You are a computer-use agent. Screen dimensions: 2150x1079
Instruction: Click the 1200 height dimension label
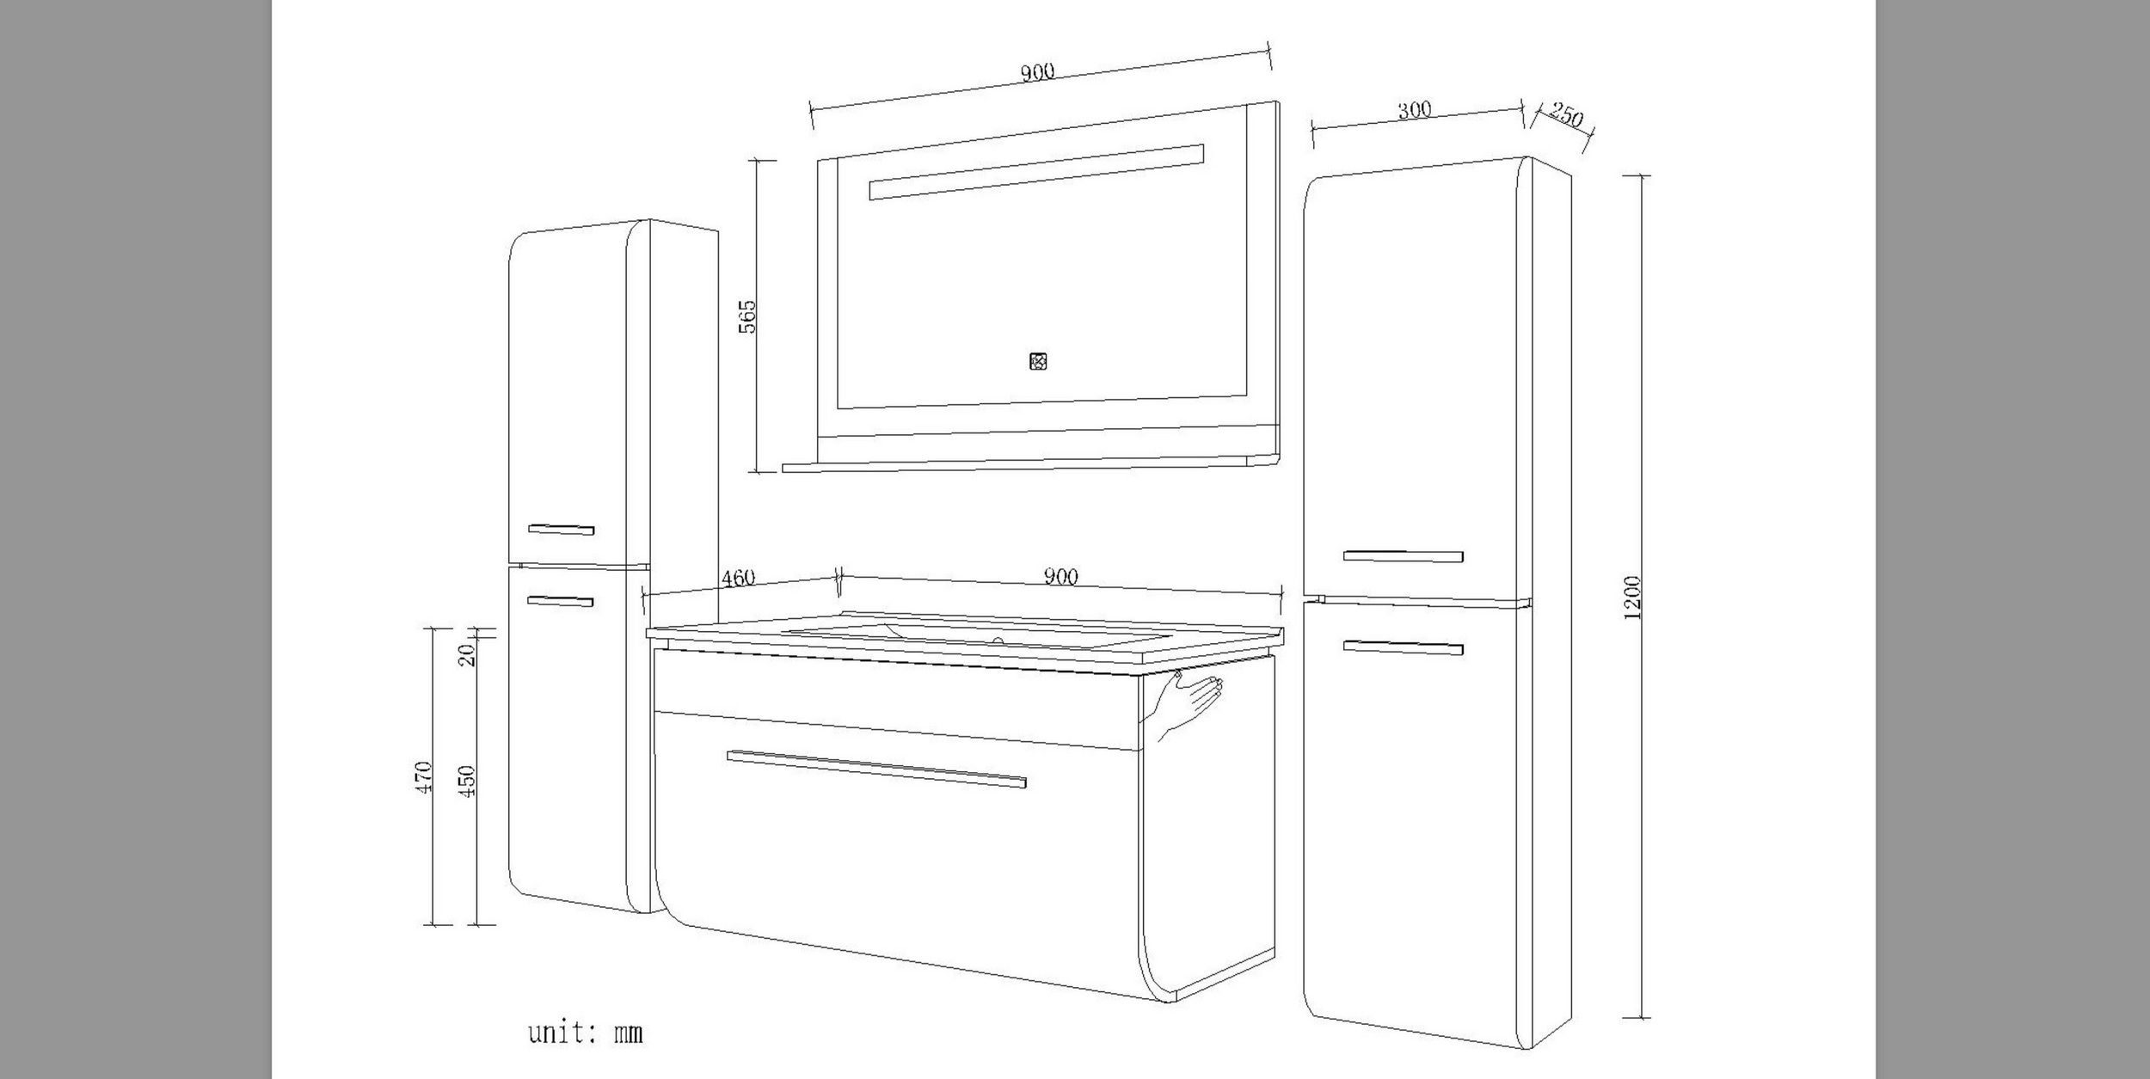click(1634, 597)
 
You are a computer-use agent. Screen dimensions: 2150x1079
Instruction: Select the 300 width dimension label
click(1414, 110)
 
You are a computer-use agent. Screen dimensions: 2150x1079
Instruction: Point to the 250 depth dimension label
click(1566, 114)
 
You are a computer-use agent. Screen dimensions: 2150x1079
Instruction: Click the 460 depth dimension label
click(738, 578)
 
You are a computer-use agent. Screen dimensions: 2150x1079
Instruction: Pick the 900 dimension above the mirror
click(1037, 72)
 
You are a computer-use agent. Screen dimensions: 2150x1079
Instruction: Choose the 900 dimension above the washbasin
click(1060, 577)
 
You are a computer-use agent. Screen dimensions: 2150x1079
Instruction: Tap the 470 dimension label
click(422, 776)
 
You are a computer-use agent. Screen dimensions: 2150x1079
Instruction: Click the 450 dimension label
click(467, 781)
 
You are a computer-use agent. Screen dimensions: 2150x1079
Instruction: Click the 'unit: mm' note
click(585, 1032)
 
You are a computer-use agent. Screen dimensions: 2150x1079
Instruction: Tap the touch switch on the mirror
click(1037, 361)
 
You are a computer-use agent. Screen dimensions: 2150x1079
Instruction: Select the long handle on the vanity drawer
click(876, 769)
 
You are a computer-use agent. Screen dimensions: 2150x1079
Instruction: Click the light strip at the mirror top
click(1036, 172)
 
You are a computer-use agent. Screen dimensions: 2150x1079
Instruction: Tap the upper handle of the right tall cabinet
click(1403, 556)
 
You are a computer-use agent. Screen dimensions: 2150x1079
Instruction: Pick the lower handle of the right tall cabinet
click(1403, 647)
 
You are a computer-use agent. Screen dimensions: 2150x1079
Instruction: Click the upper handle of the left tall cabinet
click(561, 529)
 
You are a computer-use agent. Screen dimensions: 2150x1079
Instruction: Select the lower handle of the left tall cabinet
click(560, 602)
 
